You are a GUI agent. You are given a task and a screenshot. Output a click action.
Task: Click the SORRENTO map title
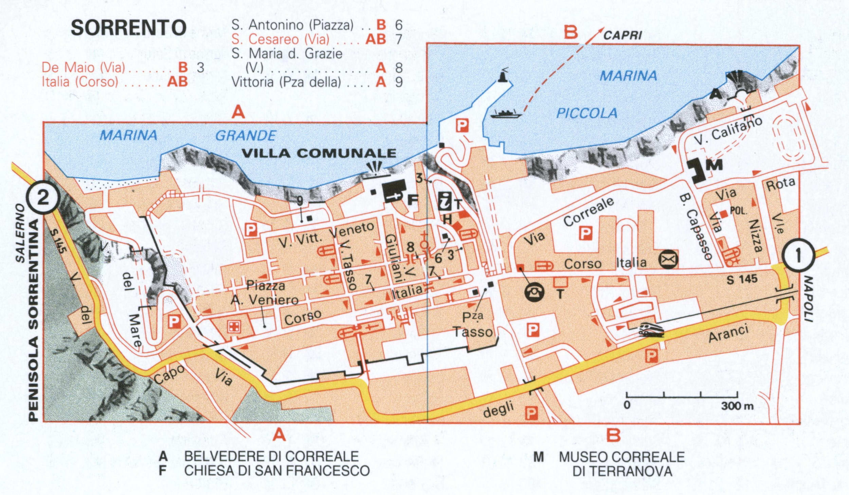click(128, 28)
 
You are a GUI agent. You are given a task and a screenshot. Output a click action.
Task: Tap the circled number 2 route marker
click(43, 198)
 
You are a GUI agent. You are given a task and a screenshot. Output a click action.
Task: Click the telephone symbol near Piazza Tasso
click(535, 291)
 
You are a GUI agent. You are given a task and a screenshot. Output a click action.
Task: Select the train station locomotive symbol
click(651, 329)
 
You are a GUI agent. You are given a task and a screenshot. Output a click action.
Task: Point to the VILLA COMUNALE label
click(319, 153)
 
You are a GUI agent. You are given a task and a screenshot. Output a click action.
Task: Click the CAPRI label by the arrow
click(622, 35)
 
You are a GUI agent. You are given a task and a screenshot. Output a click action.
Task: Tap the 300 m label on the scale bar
click(737, 406)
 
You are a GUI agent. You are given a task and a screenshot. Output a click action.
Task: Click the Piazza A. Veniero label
click(265, 293)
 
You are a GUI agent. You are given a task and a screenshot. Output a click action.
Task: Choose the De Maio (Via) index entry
click(83, 68)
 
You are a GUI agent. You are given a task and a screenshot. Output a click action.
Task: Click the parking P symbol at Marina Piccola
click(462, 126)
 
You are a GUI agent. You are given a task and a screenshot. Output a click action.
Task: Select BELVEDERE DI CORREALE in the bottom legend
click(271, 456)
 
